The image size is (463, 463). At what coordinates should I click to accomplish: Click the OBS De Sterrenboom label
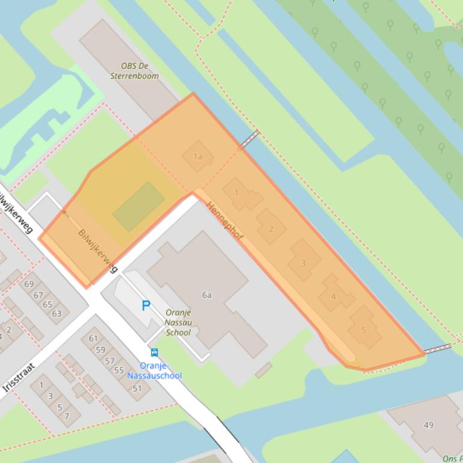point(135,71)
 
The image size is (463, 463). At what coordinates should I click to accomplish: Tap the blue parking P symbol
point(146,305)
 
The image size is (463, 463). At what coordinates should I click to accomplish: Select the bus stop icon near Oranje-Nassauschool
point(155,353)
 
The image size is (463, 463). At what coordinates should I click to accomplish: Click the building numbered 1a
point(197,157)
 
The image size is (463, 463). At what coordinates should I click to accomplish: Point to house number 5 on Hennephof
point(363,330)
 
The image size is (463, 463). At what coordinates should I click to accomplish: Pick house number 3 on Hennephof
point(303,263)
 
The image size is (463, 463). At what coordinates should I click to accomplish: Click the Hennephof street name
point(225,222)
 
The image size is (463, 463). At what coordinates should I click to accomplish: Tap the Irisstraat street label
point(19,378)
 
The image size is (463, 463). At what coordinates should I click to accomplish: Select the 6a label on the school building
point(207,295)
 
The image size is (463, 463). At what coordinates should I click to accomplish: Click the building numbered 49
point(428,425)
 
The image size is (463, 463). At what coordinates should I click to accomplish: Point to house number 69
point(29,284)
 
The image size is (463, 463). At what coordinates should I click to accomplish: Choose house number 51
point(137,388)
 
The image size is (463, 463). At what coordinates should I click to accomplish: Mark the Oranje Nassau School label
point(178,322)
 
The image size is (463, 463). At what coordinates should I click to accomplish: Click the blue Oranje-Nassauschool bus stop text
point(155,370)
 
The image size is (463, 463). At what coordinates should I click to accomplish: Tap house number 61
point(93,339)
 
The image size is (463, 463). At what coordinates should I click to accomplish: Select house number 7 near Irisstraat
point(67,415)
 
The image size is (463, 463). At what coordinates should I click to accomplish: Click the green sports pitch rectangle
point(138,206)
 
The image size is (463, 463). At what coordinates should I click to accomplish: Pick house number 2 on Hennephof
point(271,228)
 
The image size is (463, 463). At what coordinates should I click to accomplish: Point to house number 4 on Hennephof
point(334,296)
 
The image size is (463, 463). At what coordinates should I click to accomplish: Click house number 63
point(57,313)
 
